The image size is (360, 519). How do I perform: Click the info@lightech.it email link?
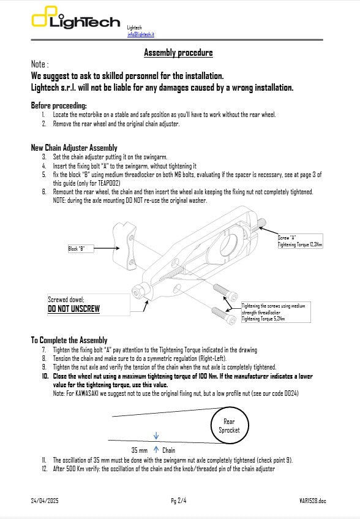click(140, 35)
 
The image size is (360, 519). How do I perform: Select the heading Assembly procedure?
click(178, 53)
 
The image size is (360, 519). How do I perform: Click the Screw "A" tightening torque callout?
click(299, 240)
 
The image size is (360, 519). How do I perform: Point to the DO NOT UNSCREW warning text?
click(73, 309)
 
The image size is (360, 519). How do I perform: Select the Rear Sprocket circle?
click(229, 425)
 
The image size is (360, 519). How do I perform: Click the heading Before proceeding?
click(59, 106)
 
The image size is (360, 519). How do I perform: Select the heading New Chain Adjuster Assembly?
click(73, 148)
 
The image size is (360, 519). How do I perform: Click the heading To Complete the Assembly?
click(69, 340)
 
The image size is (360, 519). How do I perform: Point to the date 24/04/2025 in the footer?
click(44, 501)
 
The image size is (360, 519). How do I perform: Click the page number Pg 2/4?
click(179, 501)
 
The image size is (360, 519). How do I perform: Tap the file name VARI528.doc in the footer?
click(312, 501)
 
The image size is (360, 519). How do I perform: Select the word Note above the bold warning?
click(38, 64)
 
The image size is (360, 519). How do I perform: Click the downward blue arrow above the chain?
click(156, 436)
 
